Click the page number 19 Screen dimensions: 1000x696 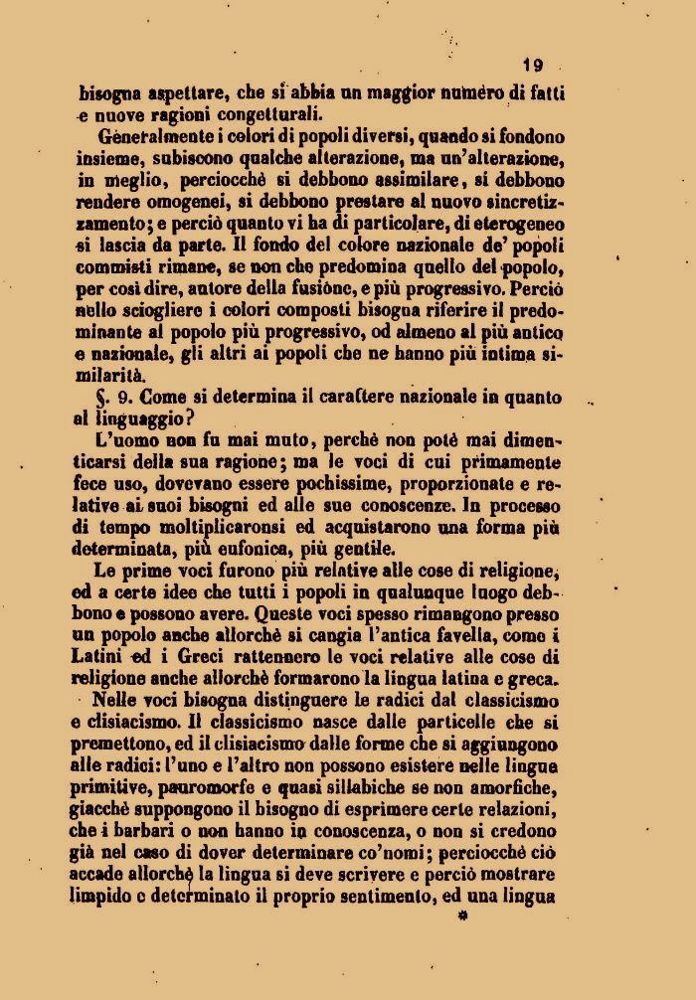(533, 66)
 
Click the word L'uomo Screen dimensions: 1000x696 (126, 439)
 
